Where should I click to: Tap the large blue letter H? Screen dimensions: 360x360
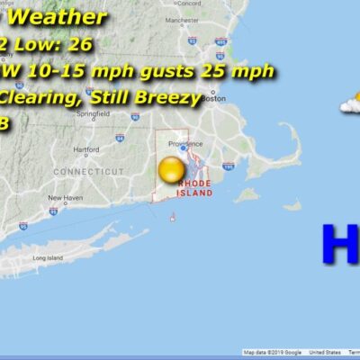coord(340,246)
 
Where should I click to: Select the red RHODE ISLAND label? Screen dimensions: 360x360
coord(194,187)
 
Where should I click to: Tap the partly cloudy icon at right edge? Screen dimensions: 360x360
coord(350,104)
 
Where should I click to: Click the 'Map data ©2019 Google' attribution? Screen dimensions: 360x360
coord(272,353)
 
